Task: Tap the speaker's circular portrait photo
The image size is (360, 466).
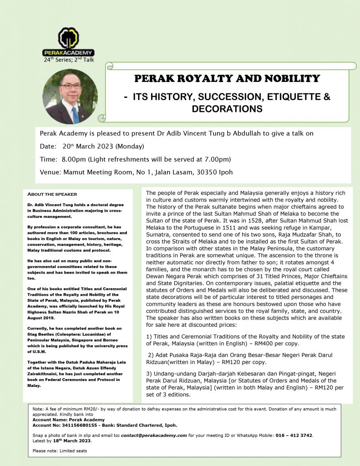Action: tap(70, 96)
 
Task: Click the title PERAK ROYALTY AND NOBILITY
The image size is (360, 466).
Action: tap(227, 78)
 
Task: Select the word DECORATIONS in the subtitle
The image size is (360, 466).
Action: tap(227, 109)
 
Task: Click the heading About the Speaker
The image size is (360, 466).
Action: tap(52, 194)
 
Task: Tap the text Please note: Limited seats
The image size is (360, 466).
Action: tap(60, 451)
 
